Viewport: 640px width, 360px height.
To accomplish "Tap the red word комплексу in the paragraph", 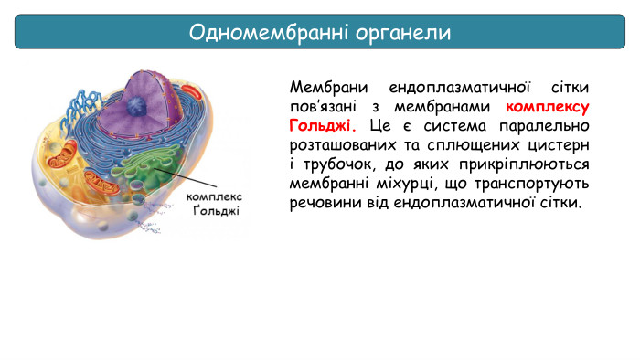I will [547, 106].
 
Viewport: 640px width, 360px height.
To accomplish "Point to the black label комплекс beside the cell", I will [213, 196].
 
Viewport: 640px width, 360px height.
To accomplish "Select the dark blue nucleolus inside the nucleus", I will [134, 106].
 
